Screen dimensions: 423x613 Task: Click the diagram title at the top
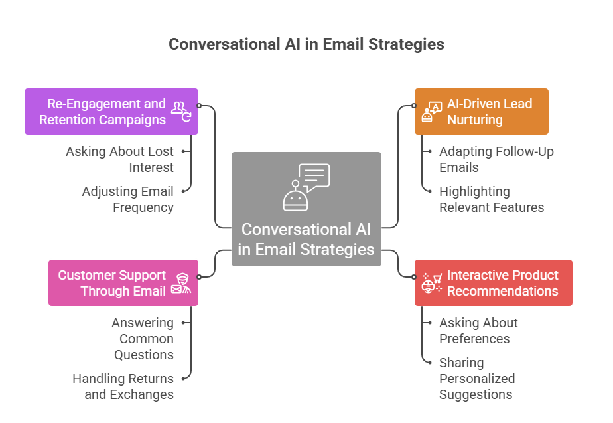click(306, 44)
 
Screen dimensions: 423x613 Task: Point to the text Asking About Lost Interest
click(119, 159)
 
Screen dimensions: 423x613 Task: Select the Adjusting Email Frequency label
click(127, 199)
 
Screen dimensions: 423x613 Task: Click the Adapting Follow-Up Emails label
click(496, 159)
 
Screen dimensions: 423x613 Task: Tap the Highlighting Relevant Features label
click(491, 199)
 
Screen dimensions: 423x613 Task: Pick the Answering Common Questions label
click(142, 339)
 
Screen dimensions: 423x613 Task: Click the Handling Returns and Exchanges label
click(123, 386)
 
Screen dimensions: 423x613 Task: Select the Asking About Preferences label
click(478, 331)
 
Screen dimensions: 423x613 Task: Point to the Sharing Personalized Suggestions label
click(476, 379)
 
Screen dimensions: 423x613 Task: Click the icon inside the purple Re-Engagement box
click(181, 110)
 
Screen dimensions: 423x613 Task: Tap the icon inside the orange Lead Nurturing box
click(431, 112)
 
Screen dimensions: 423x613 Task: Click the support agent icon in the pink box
click(180, 284)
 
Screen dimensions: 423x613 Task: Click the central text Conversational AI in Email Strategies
click(306, 240)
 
